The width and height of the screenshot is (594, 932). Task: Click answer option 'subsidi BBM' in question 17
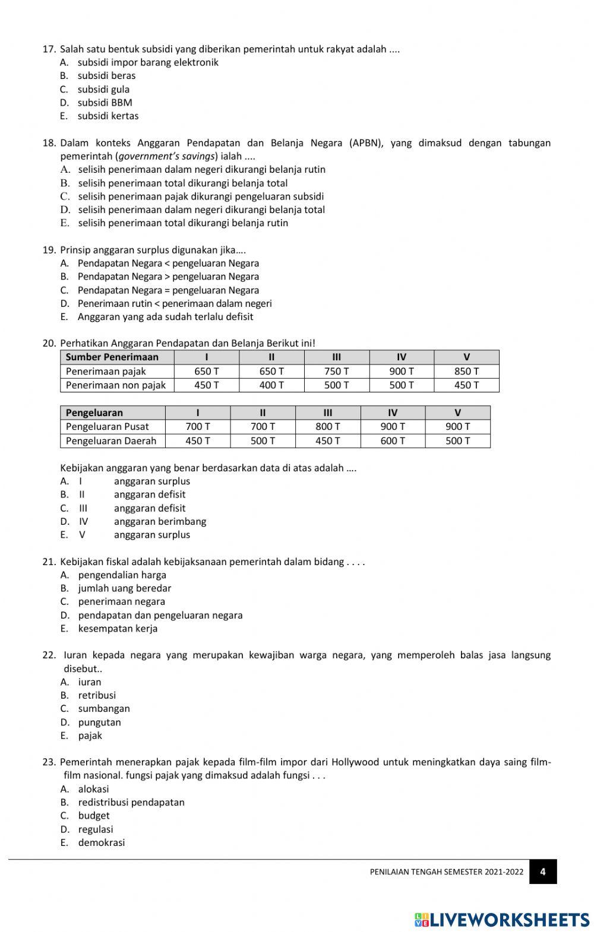click(x=105, y=103)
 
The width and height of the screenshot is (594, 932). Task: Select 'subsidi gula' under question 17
click(x=103, y=90)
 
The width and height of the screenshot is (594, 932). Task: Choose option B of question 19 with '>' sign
click(x=168, y=277)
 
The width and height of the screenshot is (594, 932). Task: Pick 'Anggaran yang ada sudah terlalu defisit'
click(x=165, y=317)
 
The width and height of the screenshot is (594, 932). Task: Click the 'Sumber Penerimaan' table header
click(x=112, y=357)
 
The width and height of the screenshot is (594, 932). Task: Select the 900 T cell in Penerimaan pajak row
click(x=402, y=372)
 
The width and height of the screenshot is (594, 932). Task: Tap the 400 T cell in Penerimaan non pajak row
click(x=271, y=385)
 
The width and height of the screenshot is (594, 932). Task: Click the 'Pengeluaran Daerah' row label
click(x=111, y=441)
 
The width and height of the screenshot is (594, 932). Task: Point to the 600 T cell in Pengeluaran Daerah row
click(x=393, y=441)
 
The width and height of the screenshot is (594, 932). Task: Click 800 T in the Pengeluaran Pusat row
click(x=327, y=427)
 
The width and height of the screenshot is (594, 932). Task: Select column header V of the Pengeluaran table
click(x=457, y=413)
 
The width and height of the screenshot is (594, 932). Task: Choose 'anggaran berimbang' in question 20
click(x=160, y=522)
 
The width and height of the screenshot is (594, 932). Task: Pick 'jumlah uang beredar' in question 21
click(x=124, y=589)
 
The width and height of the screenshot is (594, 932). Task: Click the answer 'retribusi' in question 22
click(x=97, y=696)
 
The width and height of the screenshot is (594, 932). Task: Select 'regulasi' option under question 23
click(x=95, y=830)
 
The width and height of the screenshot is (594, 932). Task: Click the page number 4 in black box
click(x=543, y=872)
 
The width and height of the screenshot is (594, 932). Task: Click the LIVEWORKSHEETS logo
click(x=502, y=920)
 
